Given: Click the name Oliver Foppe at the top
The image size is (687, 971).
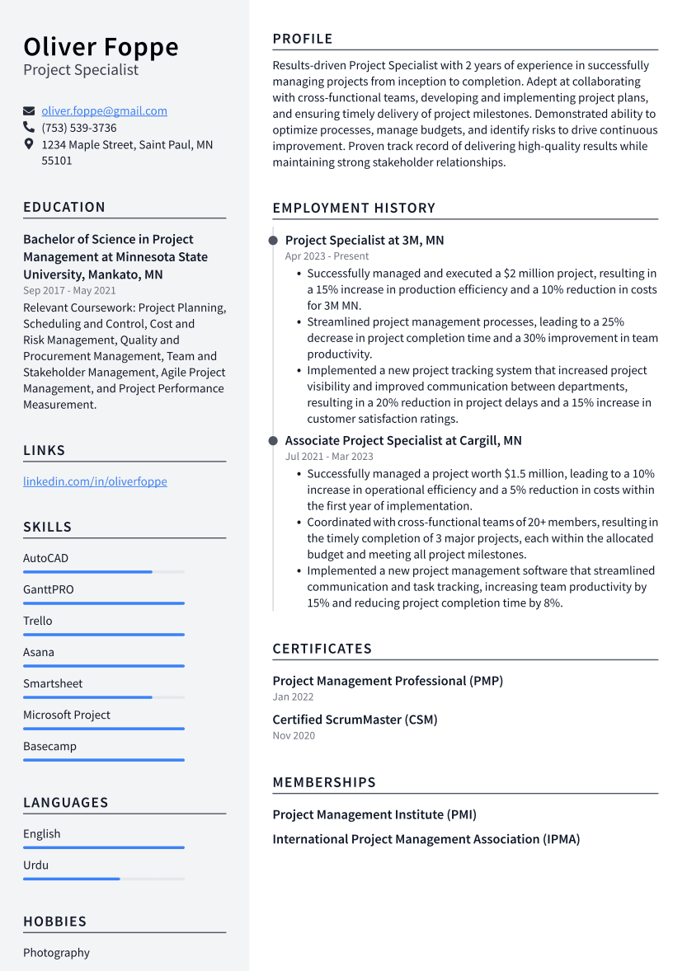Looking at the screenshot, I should click(101, 47).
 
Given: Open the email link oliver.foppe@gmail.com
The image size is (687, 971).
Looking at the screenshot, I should click(104, 110).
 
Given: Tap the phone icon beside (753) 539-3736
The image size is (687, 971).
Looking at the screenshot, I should click(29, 128).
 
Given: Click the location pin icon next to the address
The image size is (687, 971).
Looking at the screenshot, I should click(29, 144).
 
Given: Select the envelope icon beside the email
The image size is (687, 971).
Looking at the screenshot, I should click(29, 110).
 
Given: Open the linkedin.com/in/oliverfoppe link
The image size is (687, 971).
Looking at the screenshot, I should click(95, 481).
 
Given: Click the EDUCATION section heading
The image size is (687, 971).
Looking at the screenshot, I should click(64, 207).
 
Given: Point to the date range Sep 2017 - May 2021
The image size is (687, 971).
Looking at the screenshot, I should click(69, 290).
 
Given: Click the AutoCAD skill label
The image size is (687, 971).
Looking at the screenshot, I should click(45, 558).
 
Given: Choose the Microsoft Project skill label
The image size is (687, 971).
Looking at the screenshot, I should click(66, 715).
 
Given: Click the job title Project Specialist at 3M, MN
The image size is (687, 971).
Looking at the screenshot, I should click(365, 240).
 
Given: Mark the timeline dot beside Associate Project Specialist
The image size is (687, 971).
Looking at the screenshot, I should click(273, 441).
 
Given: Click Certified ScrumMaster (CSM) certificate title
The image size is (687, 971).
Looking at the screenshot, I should click(355, 720).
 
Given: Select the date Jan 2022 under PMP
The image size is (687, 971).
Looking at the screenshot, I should click(293, 697).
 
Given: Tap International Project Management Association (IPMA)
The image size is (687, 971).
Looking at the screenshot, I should click(426, 839).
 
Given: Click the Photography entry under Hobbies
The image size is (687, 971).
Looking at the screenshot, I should click(56, 952).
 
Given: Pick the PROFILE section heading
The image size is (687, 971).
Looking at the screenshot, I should click(303, 39).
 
